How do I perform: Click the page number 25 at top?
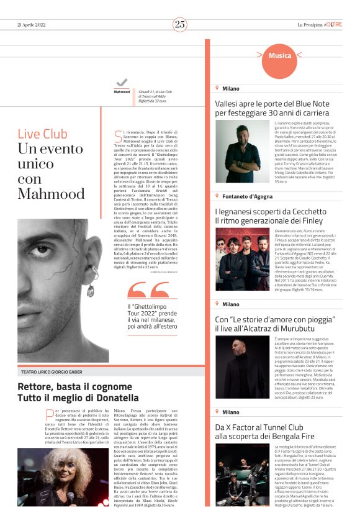pos(180,24)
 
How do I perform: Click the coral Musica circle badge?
pos(280,56)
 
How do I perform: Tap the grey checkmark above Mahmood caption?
pos(122,82)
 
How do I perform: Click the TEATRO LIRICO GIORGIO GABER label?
pos(55,371)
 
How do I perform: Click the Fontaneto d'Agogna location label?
pos(247,196)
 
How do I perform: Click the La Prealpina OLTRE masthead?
pos(319,24)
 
